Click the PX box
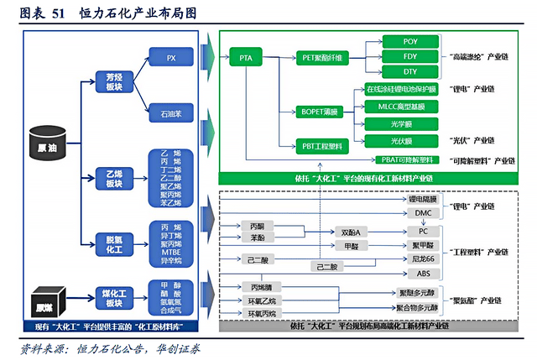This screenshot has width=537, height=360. pos(171,58)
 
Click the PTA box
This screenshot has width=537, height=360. pos(245,58)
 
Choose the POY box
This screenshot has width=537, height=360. pos(411,40)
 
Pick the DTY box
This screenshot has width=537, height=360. pos(411,72)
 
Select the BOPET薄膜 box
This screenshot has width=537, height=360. pos(317,110)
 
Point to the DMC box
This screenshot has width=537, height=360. pos(424,213)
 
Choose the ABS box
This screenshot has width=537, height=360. pos(424,274)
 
